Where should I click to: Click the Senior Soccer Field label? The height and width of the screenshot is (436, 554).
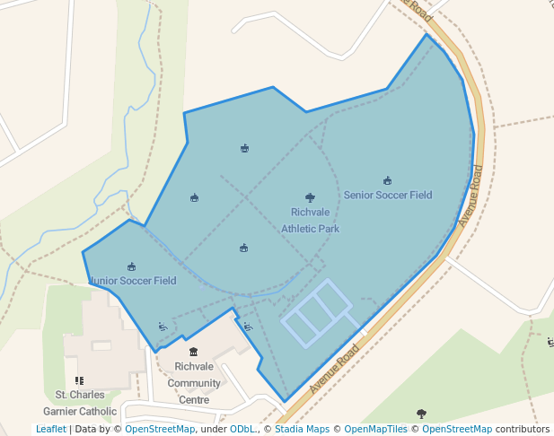388,195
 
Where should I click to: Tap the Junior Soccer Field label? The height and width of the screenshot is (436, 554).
133,281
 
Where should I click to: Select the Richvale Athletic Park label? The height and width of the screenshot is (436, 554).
310,221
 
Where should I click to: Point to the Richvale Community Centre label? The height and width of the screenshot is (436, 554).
194,383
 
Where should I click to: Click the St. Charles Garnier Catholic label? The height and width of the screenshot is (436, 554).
80,403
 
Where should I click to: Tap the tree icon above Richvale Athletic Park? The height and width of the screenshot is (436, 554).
310,197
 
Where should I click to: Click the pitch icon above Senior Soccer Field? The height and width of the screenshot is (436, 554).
387,180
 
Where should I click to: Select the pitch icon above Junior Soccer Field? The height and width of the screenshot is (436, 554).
132,266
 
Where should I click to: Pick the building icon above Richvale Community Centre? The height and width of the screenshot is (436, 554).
193,352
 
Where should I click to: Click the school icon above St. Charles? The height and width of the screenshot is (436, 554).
80,380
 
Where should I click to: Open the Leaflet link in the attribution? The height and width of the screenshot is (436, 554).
50,429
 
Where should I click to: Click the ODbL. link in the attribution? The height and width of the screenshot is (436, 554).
245,429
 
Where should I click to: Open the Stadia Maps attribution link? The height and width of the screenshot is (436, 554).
302,429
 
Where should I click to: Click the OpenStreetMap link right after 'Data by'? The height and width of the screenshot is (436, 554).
160,429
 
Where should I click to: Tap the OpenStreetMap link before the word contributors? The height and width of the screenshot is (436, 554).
457,429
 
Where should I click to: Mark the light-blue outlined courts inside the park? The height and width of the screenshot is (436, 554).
315,311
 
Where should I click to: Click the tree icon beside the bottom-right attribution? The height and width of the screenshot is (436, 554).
421,413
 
